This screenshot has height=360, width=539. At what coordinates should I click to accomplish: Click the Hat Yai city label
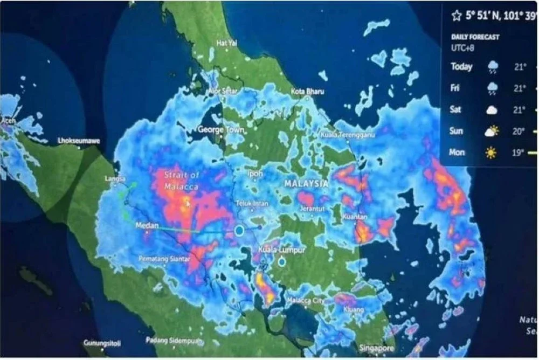pos(226,43)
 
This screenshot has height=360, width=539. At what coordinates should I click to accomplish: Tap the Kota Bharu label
pos(308,92)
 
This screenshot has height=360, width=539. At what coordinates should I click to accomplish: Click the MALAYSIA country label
pos(306,184)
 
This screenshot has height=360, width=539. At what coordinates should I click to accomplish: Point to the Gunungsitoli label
pos(102,343)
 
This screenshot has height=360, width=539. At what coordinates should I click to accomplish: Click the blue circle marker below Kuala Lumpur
pos(281,262)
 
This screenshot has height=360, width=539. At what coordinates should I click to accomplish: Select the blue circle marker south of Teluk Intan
pos(239,231)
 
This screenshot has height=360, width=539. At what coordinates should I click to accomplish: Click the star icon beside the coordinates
pos(457,17)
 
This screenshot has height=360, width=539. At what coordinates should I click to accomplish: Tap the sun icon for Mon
pos(491,153)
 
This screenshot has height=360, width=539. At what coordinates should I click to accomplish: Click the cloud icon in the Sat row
pos(492,110)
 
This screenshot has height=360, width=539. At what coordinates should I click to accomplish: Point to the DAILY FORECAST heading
pos(475,37)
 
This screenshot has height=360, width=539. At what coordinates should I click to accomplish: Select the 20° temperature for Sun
pos(519,131)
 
